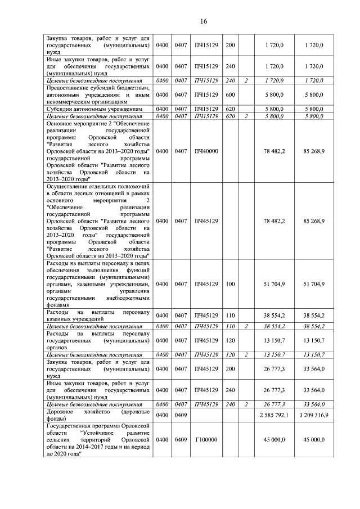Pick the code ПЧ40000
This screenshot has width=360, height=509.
pyautogui.click(x=201, y=151)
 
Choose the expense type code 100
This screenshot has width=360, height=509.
pyautogui.click(x=230, y=284)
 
